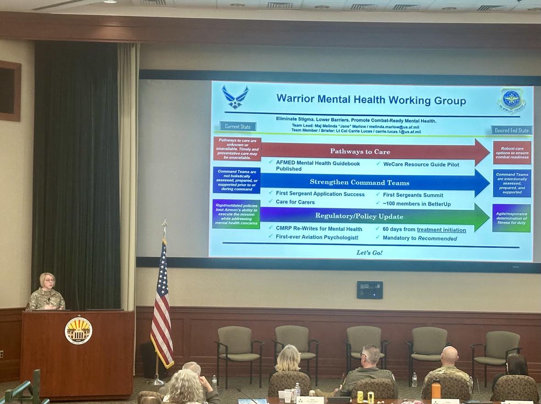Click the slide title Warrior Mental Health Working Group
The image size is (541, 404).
371,100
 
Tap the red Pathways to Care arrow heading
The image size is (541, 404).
360,151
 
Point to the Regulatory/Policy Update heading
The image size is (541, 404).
359,216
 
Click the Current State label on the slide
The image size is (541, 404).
238,126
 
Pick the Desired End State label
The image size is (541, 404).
511,130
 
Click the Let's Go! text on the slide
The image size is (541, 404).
369,252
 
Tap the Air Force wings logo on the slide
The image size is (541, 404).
235,97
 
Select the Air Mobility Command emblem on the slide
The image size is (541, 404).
512,100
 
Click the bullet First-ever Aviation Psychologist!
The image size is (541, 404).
317,237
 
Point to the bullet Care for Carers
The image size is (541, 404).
295,202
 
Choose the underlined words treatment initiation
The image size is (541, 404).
441,230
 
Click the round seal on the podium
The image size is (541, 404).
78,331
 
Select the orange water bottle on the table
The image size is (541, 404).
435,389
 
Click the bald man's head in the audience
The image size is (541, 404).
449,355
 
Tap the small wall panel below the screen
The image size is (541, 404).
369,290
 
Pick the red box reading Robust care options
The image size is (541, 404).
512,152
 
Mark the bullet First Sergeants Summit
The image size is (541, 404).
413,195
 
